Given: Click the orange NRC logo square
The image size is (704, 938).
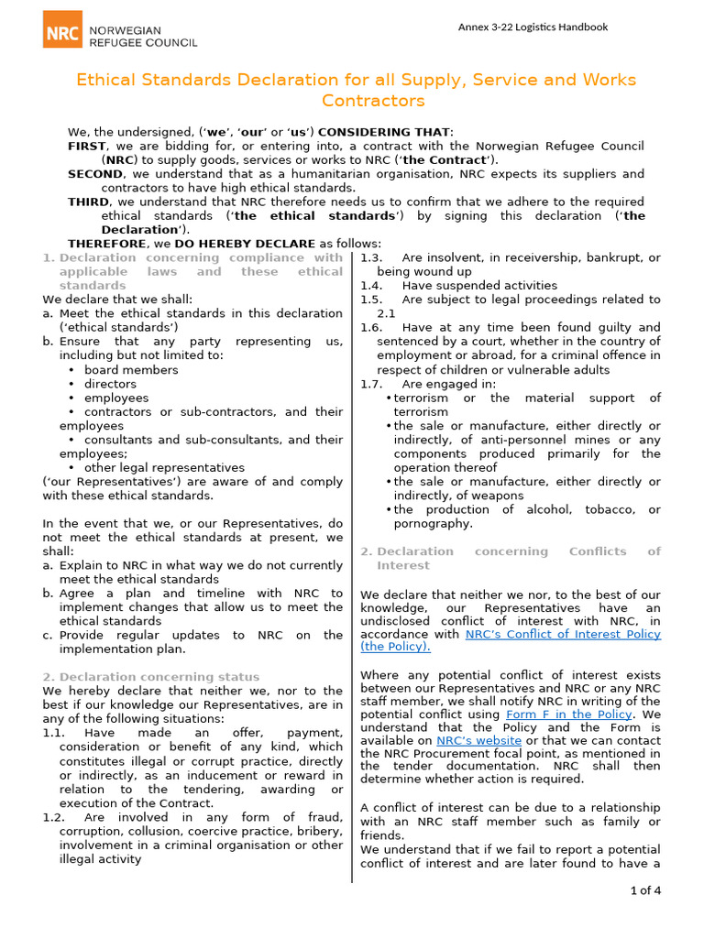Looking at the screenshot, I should coord(62,29).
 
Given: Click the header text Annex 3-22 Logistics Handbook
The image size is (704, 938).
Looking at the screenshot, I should coord(533,27).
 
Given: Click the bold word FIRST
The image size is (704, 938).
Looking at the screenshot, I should coord(87,147).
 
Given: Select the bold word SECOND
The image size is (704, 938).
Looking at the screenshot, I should coord(94,174).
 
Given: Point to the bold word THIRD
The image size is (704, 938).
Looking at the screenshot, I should coord(89,202).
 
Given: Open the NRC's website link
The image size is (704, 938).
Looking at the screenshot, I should coord(478,740).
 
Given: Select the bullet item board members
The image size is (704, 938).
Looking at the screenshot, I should coord(131,370).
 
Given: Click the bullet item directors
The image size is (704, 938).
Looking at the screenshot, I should coord(110,384).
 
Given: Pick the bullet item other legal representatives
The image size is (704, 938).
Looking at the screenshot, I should coord(164,467).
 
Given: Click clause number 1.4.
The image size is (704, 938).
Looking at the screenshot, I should coord(371,286).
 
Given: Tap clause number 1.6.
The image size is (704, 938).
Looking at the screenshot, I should coord(371,327).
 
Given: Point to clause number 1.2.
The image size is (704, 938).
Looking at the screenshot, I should coord(54,817).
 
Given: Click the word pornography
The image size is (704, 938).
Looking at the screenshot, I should coord(433,524).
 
